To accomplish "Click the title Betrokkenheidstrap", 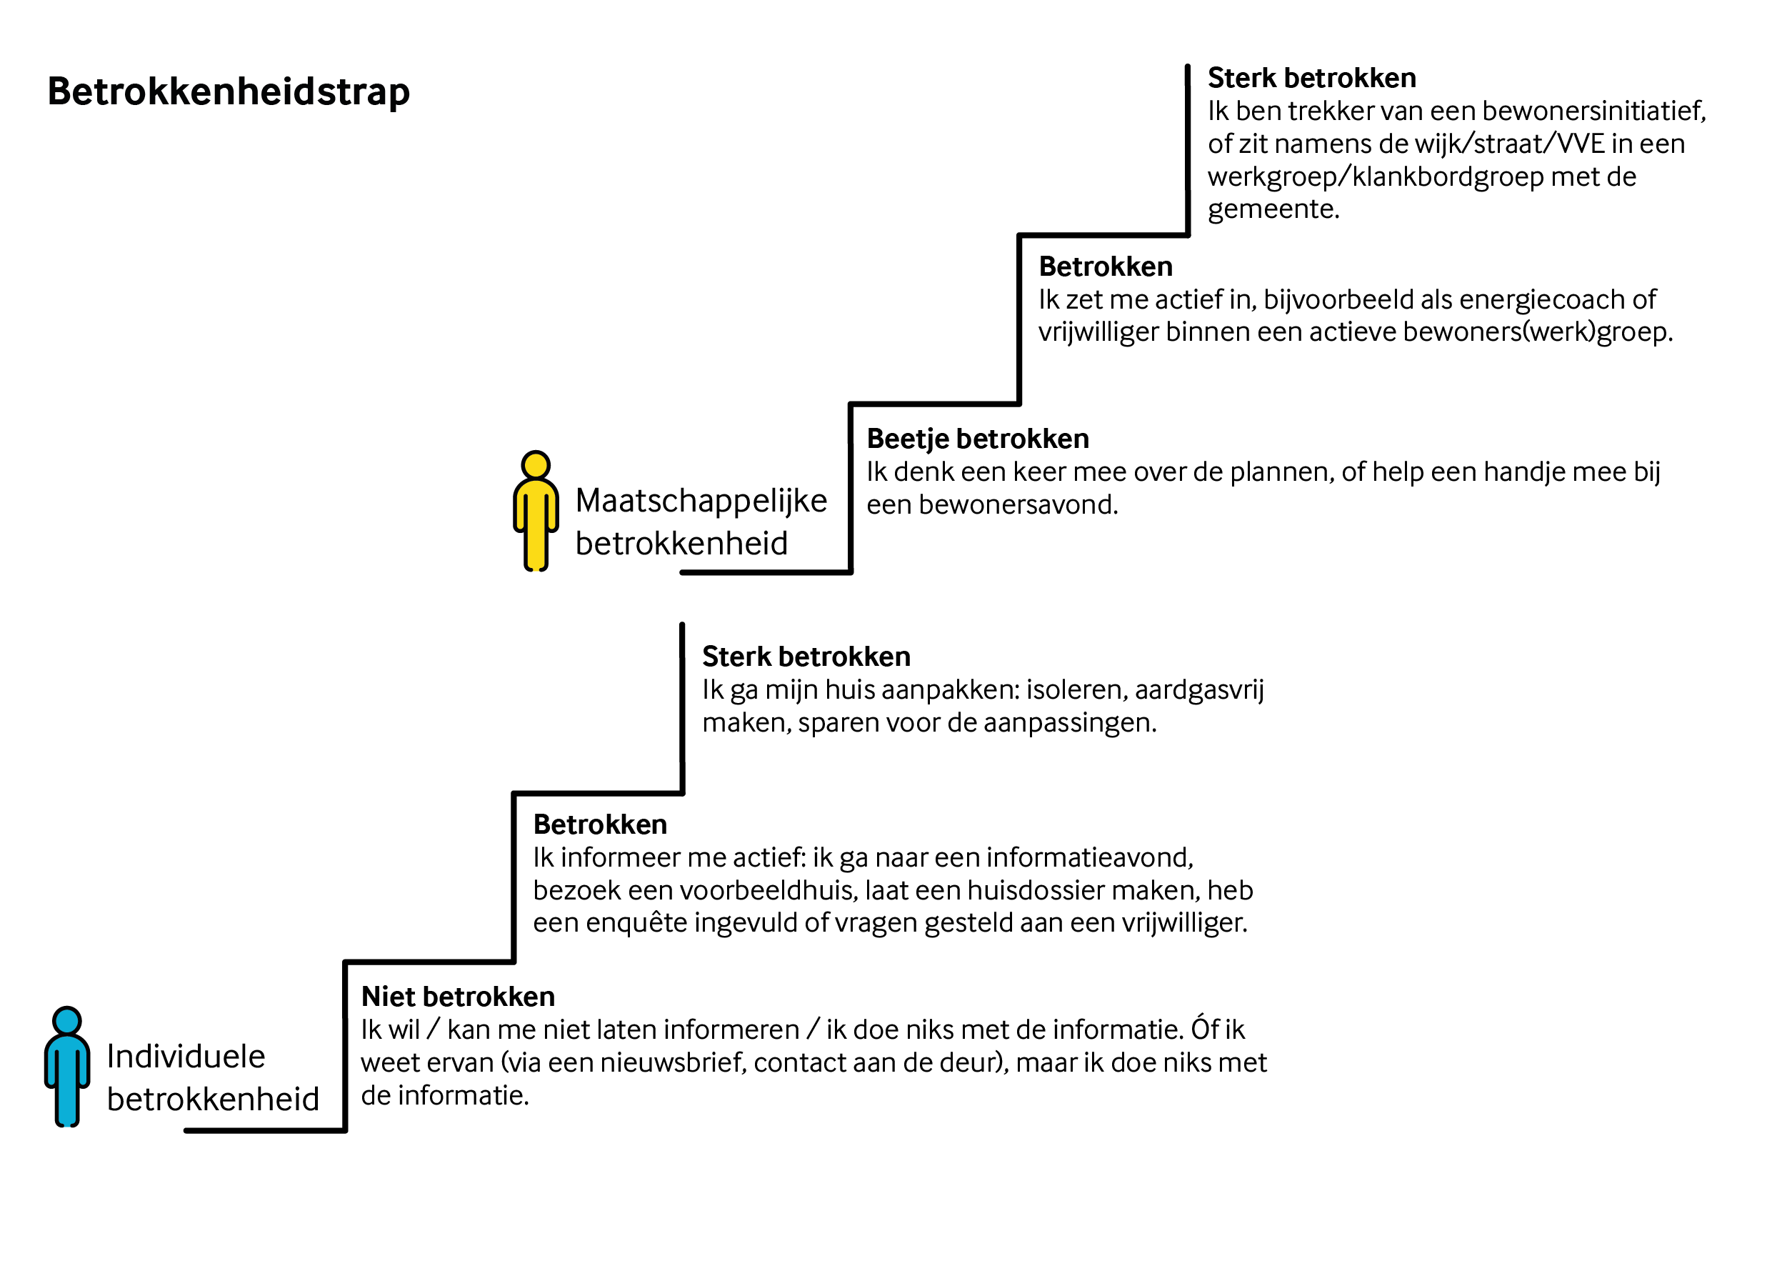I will pos(229,92).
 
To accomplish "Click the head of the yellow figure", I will pos(536,465).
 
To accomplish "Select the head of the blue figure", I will pos(67,1021).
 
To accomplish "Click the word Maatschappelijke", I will pos(701,502).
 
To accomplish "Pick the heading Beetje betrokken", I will pos(977,439).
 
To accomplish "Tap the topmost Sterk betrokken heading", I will pos(1311,78).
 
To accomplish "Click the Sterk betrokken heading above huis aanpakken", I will pos(806,657).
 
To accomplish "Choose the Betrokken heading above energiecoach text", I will pos(1105,266).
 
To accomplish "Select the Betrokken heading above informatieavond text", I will pos(599,824).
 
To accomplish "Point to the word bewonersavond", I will pos(1018,505).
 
